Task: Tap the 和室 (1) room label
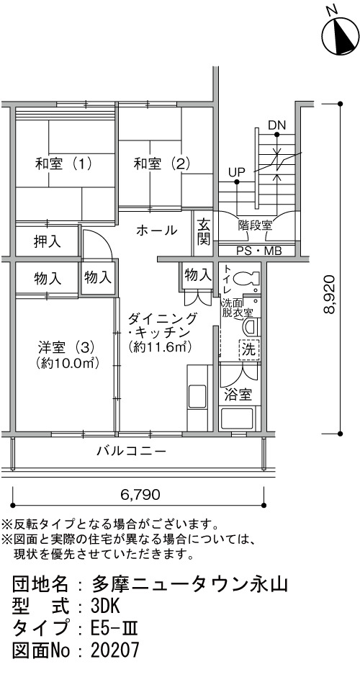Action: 63,164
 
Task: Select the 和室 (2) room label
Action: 162,164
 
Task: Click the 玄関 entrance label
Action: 204,232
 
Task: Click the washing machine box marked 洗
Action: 249,349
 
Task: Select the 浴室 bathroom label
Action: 238,395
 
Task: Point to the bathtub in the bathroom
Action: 240,418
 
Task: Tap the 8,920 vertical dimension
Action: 330,295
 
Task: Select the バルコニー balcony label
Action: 132,450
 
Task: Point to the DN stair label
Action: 276,125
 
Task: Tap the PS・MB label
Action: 259,251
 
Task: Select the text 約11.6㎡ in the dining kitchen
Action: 161,347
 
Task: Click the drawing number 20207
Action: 115,650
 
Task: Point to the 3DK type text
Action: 105,606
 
